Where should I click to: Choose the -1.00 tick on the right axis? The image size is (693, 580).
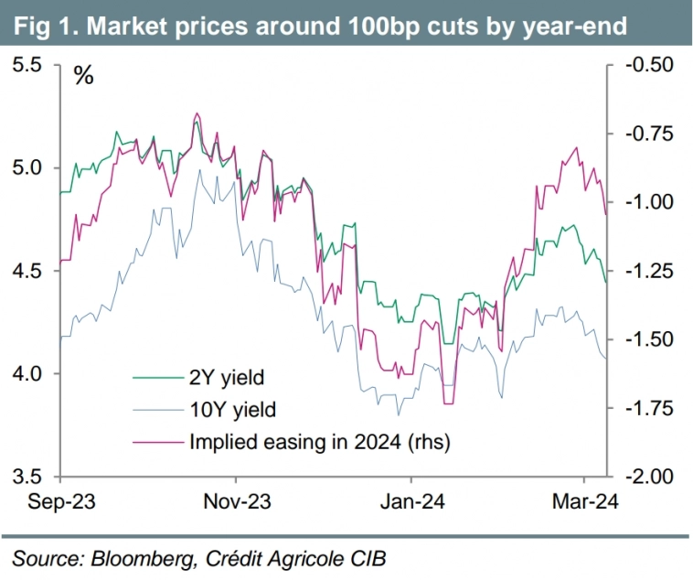(649, 202)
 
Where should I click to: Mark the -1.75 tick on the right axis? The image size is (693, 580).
(649, 408)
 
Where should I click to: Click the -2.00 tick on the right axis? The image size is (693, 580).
(649, 477)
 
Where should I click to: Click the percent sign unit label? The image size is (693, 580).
(83, 76)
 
